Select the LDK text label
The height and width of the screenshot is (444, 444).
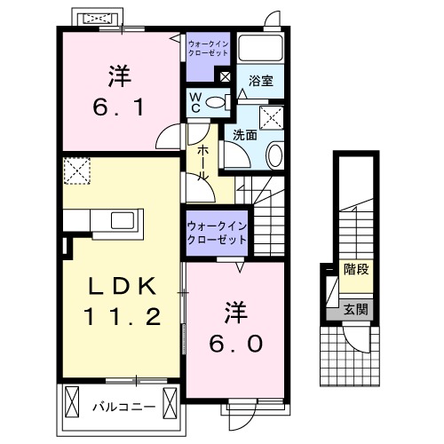(x=121, y=286)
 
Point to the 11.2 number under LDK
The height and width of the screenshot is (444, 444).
(x=121, y=317)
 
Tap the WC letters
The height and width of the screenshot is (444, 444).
(x=193, y=103)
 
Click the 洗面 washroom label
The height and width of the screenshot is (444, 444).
(x=245, y=135)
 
